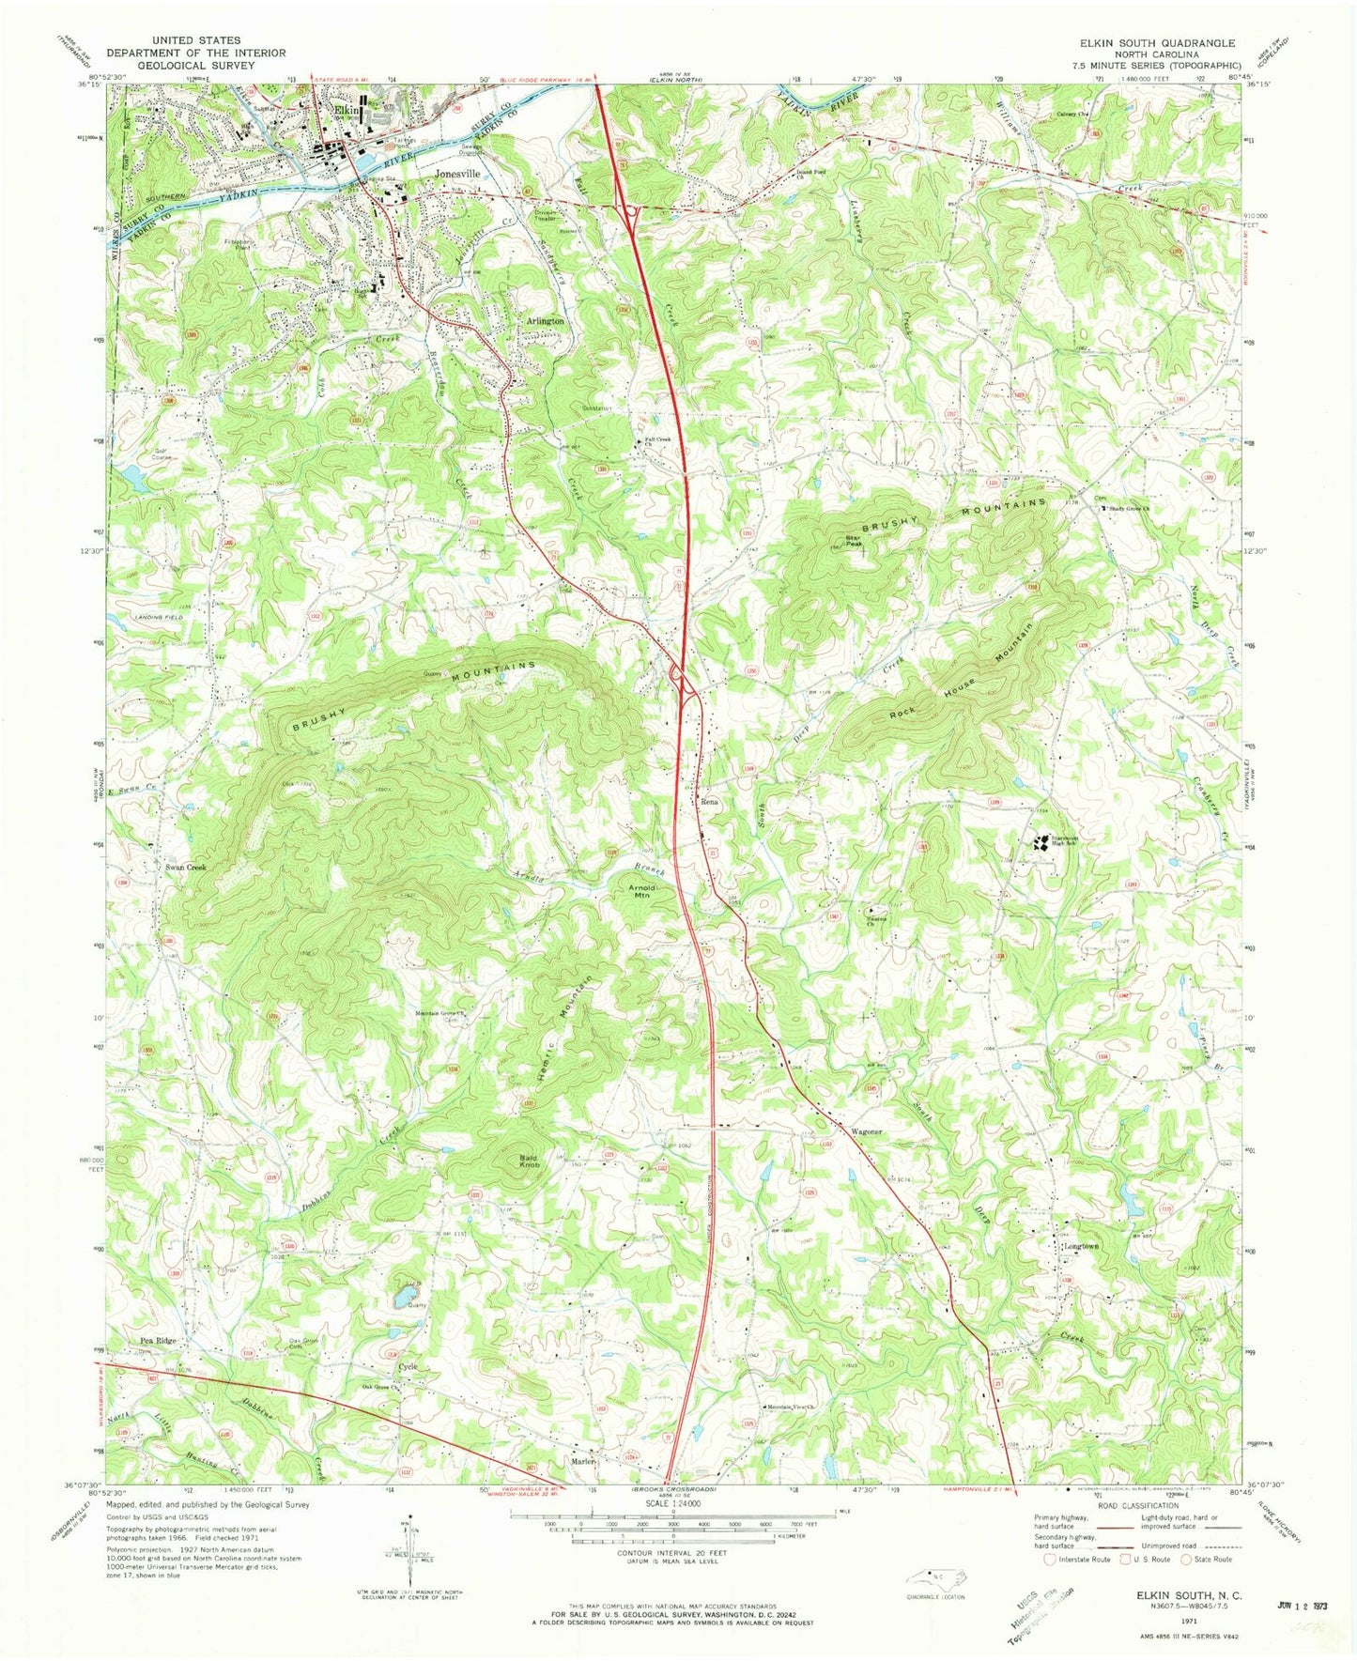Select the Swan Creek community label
coord(184,868)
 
